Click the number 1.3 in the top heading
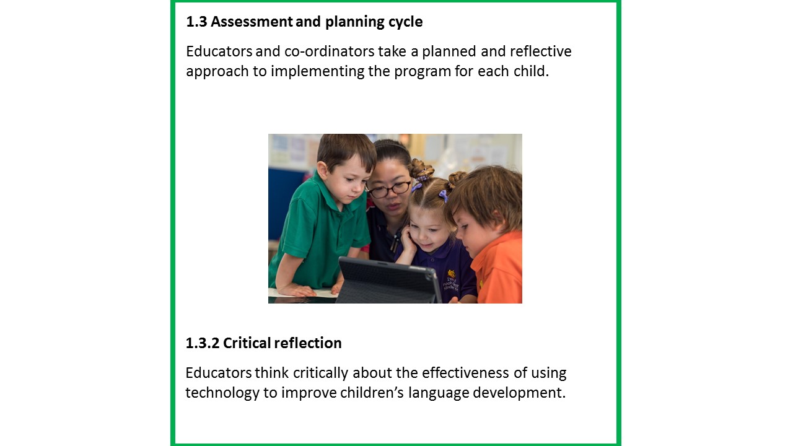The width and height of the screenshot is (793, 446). (x=196, y=22)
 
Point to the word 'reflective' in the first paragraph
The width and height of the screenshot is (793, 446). (x=540, y=51)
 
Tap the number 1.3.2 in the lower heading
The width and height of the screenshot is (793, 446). (x=202, y=343)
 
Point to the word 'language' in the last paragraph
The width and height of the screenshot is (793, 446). (x=439, y=393)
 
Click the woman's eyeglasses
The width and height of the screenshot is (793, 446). (x=388, y=189)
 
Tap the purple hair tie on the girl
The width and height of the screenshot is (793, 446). (x=443, y=196)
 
